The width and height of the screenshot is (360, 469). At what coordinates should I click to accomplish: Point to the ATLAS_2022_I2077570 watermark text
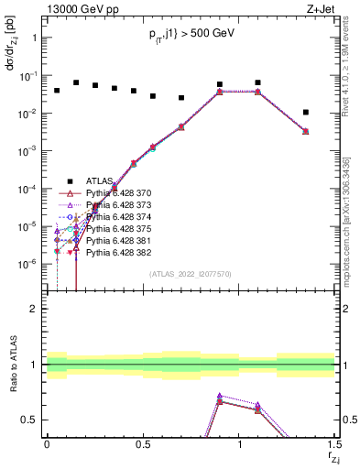(x=191, y=274)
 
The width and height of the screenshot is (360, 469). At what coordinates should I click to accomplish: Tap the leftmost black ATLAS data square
(x=57, y=91)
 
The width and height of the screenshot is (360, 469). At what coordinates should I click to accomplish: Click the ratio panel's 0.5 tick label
(x=30, y=420)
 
